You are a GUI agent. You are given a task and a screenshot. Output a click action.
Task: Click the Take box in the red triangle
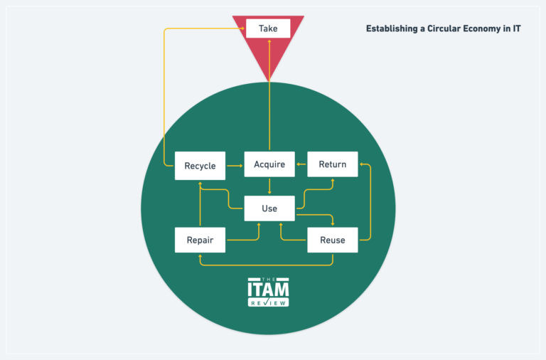click(x=269, y=28)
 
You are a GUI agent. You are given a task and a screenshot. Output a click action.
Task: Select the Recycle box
click(x=200, y=166)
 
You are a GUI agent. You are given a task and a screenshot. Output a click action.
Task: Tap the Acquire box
click(x=269, y=164)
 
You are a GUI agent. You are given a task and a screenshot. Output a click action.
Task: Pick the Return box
click(x=332, y=164)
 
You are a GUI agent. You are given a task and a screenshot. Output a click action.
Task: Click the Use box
click(x=269, y=208)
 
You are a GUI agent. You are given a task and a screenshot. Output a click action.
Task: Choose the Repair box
click(x=200, y=240)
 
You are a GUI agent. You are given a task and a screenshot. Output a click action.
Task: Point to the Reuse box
click(x=332, y=240)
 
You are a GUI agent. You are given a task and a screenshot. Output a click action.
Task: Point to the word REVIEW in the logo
click(x=268, y=302)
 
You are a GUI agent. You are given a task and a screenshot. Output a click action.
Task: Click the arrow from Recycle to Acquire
click(x=235, y=166)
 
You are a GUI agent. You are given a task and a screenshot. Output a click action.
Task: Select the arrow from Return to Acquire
click(x=301, y=164)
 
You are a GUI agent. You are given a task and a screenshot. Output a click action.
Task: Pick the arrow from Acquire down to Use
click(x=269, y=186)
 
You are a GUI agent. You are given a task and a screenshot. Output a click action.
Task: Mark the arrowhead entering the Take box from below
click(x=269, y=42)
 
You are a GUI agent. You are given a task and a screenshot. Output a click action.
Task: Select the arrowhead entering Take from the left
click(x=242, y=28)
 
